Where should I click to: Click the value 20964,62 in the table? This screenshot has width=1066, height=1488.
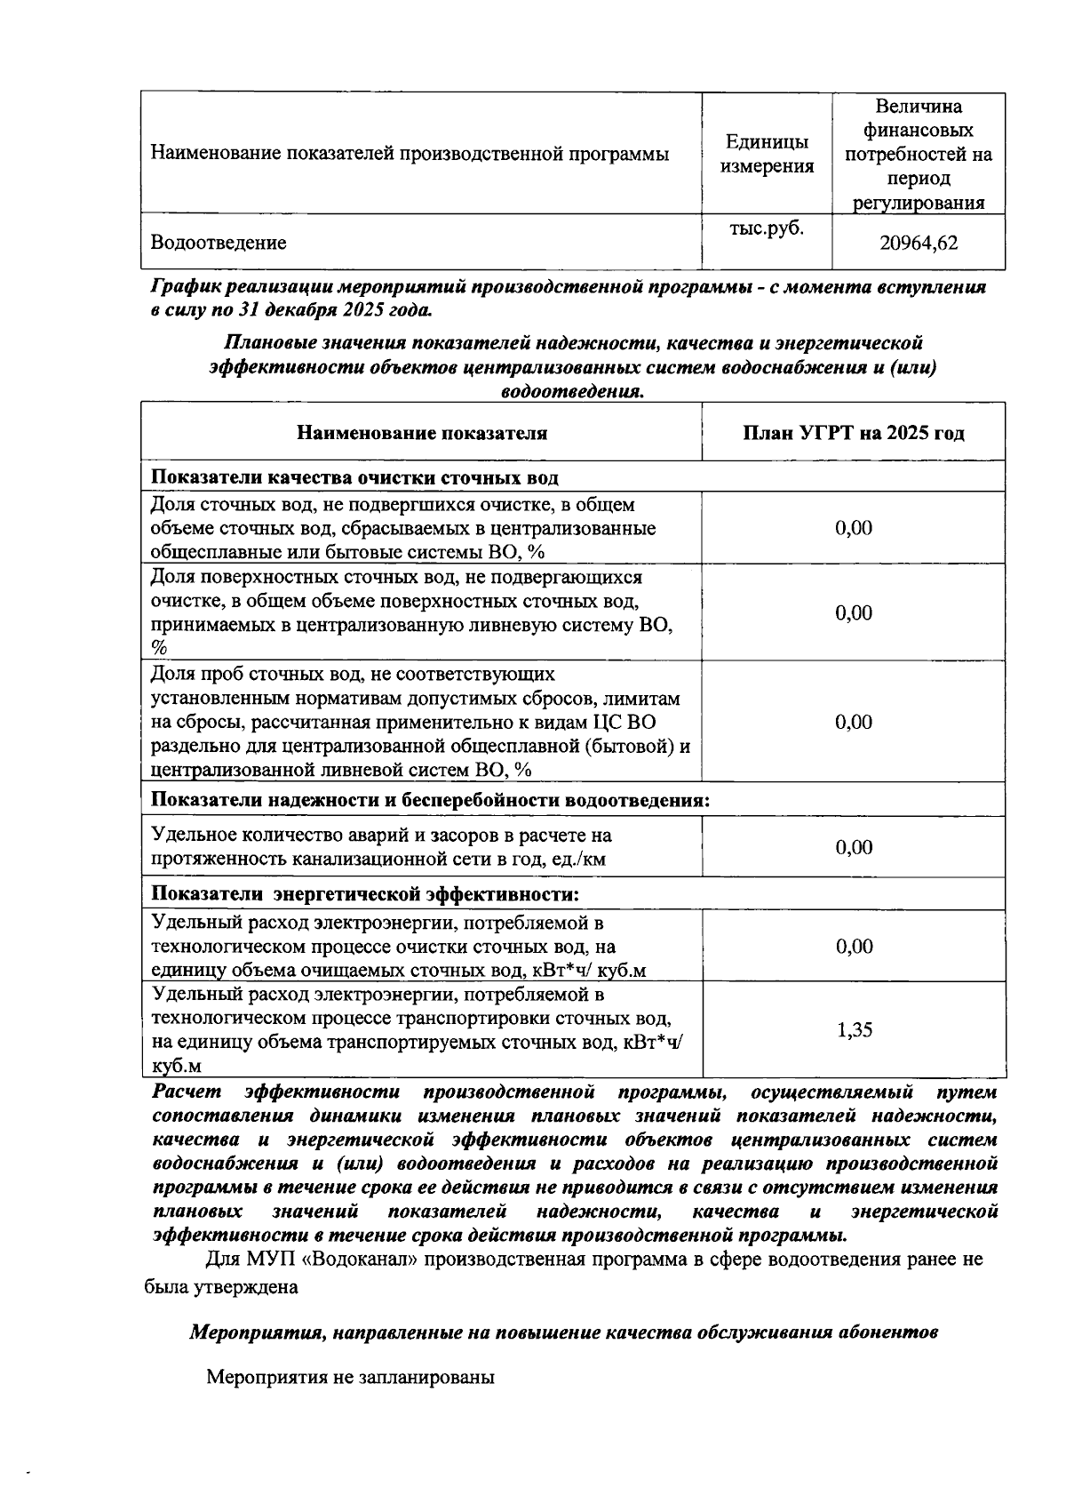click(x=918, y=243)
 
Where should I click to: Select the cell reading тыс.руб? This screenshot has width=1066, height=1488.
click(x=766, y=228)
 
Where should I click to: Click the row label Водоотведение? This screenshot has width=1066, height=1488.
click(x=219, y=243)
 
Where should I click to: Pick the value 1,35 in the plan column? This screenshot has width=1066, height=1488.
click(x=854, y=1030)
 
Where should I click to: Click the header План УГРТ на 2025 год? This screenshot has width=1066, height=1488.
click(x=854, y=434)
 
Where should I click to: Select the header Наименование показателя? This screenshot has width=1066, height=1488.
click(x=421, y=434)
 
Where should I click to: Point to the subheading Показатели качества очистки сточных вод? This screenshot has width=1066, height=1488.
click(x=354, y=478)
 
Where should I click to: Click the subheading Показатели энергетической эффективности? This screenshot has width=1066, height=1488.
click(x=364, y=893)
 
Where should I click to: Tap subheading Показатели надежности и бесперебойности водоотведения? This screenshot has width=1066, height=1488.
click(x=430, y=800)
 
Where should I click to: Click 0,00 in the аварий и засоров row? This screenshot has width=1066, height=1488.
click(x=854, y=847)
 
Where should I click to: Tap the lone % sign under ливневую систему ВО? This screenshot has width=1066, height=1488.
click(x=160, y=648)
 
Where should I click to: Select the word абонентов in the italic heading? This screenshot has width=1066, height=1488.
click(x=889, y=1332)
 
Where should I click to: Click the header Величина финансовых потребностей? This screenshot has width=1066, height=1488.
click(x=918, y=155)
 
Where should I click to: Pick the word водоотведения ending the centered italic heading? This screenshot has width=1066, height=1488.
click(x=571, y=392)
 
